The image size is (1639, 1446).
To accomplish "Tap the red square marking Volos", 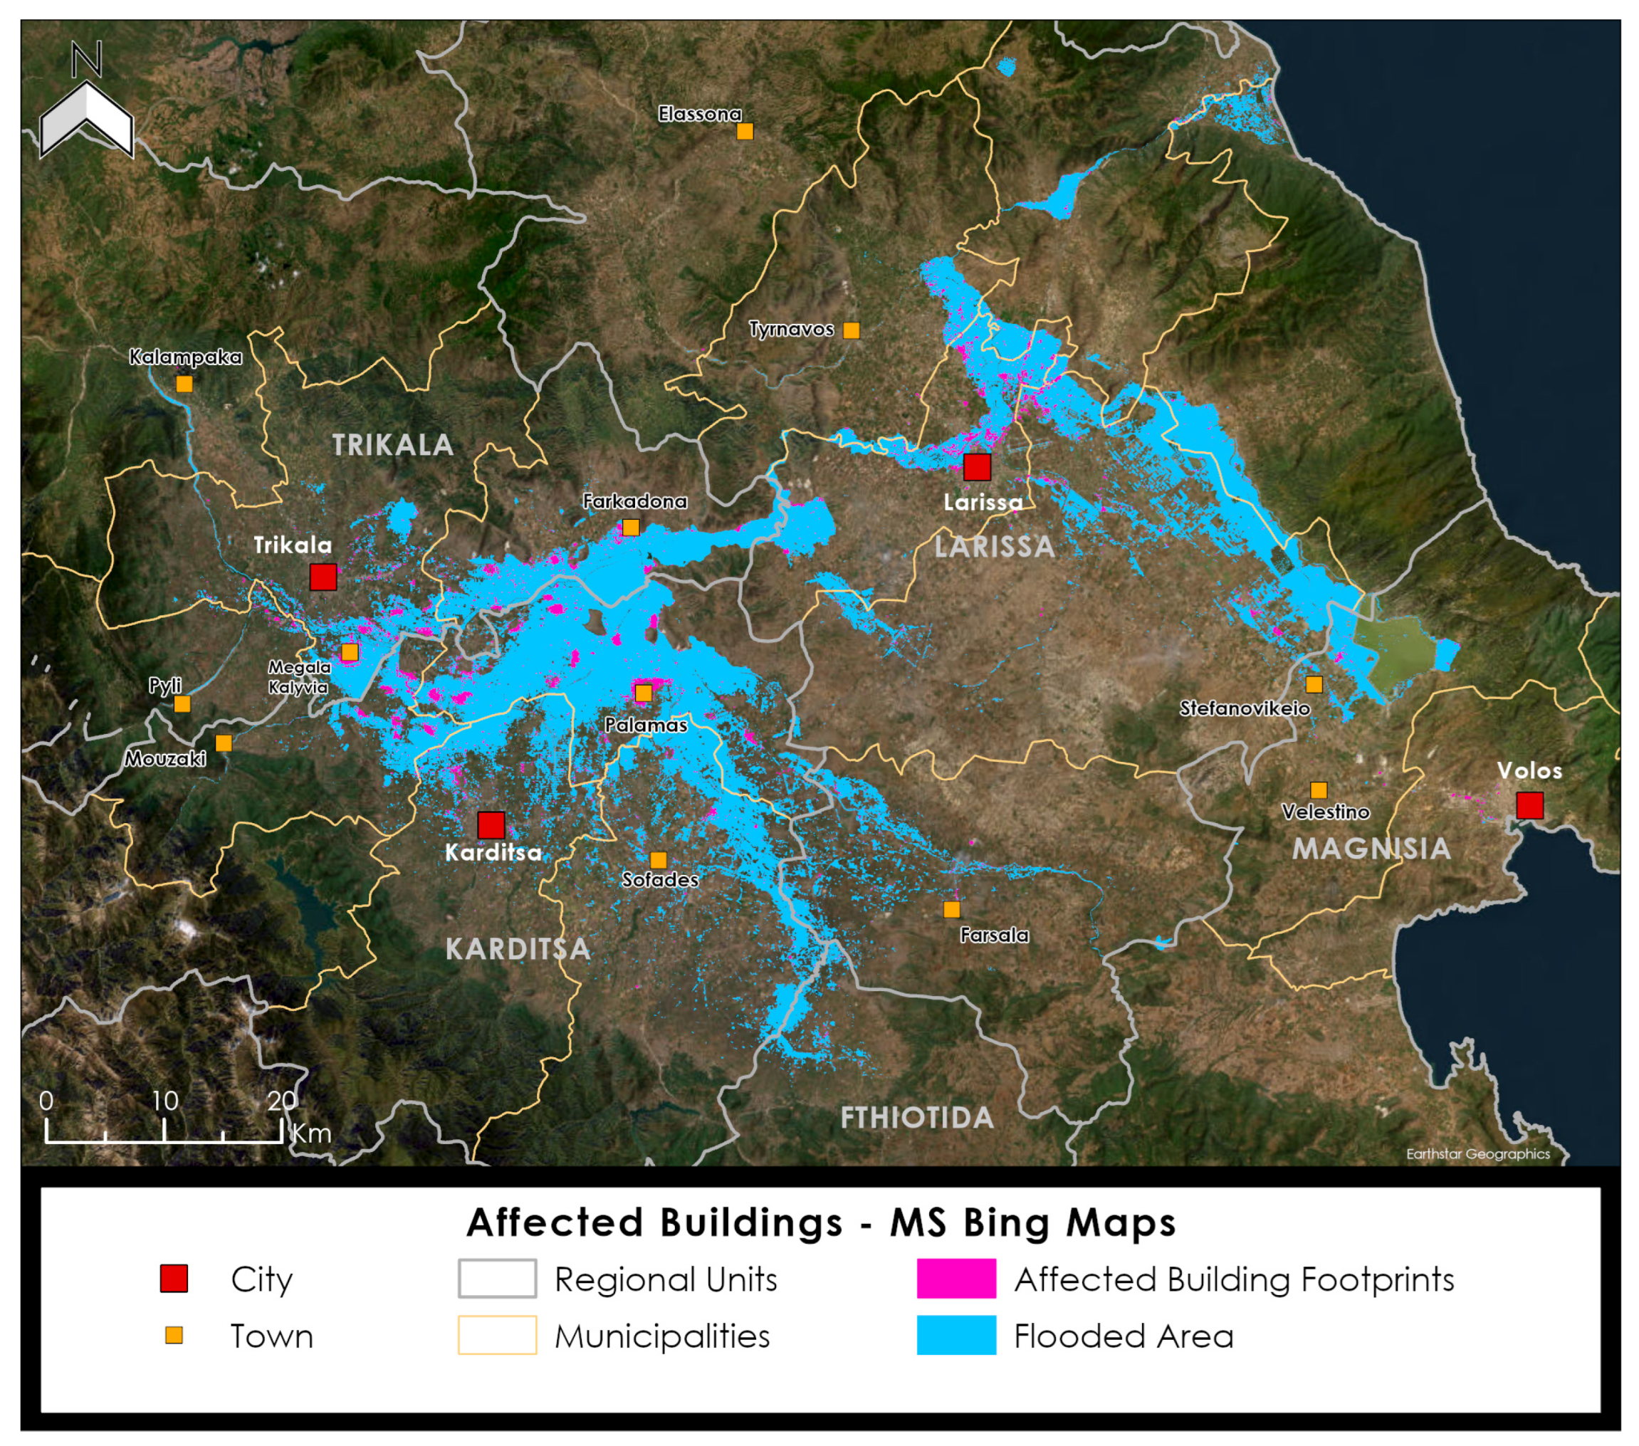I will [1529, 805].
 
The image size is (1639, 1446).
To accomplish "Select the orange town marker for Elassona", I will [745, 131].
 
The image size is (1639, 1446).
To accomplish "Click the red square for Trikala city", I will [323, 577].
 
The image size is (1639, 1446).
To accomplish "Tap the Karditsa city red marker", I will [491, 824].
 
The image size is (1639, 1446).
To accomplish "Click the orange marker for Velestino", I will [1319, 790].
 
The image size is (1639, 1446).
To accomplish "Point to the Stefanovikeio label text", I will [1245, 708].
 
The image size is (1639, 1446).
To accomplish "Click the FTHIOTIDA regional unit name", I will [916, 1117].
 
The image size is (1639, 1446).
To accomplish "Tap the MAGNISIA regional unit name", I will [1371, 849].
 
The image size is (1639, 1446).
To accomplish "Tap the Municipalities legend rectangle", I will [497, 1336].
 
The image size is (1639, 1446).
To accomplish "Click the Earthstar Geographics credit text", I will [1477, 1153].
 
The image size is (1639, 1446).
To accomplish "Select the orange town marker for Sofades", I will [659, 860].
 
